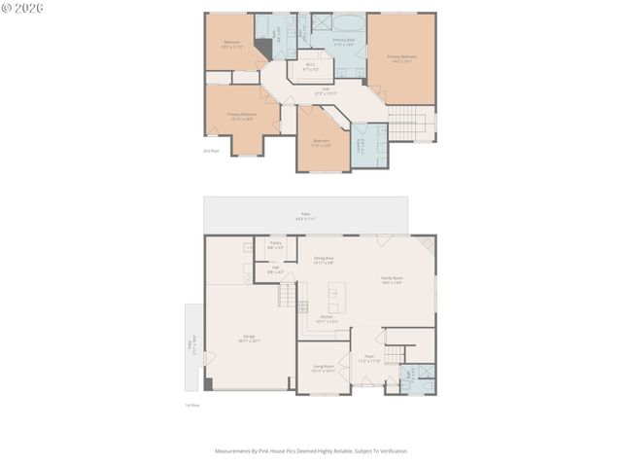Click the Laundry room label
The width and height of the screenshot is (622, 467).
tap(362, 144)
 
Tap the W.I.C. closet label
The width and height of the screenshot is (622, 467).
tap(310, 68)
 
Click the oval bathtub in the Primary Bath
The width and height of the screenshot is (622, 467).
tap(348, 20)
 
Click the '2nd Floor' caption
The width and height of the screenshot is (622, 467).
tap(211, 152)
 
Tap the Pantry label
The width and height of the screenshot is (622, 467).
tap(275, 244)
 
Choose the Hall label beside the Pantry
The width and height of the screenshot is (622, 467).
tap(276, 269)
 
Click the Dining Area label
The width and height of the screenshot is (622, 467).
tap(324, 260)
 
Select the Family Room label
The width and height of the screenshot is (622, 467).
tap(392, 279)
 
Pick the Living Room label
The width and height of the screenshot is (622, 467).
tap(323, 369)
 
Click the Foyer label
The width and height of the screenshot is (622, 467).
tap(369, 358)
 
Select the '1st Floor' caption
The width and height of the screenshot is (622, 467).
tap(192, 404)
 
